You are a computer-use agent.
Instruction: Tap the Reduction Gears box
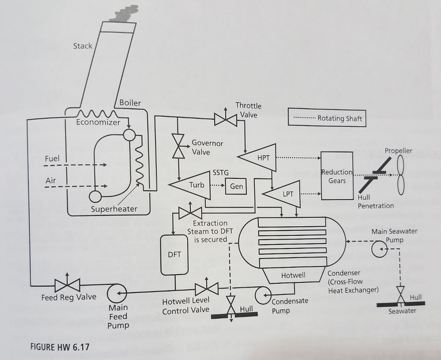coord(337,176)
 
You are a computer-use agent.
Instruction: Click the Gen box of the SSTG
coord(236,186)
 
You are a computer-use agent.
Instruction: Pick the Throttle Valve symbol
coord(225,119)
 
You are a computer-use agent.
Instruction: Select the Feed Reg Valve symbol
coord(68,285)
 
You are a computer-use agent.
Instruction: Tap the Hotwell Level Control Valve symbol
coord(207,288)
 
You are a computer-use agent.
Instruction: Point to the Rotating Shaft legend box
coord(327,118)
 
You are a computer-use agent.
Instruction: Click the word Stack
coord(82,46)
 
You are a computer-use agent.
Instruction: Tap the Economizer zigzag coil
coord(96,114)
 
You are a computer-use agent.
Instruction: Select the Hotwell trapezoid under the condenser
coord(294,275)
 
